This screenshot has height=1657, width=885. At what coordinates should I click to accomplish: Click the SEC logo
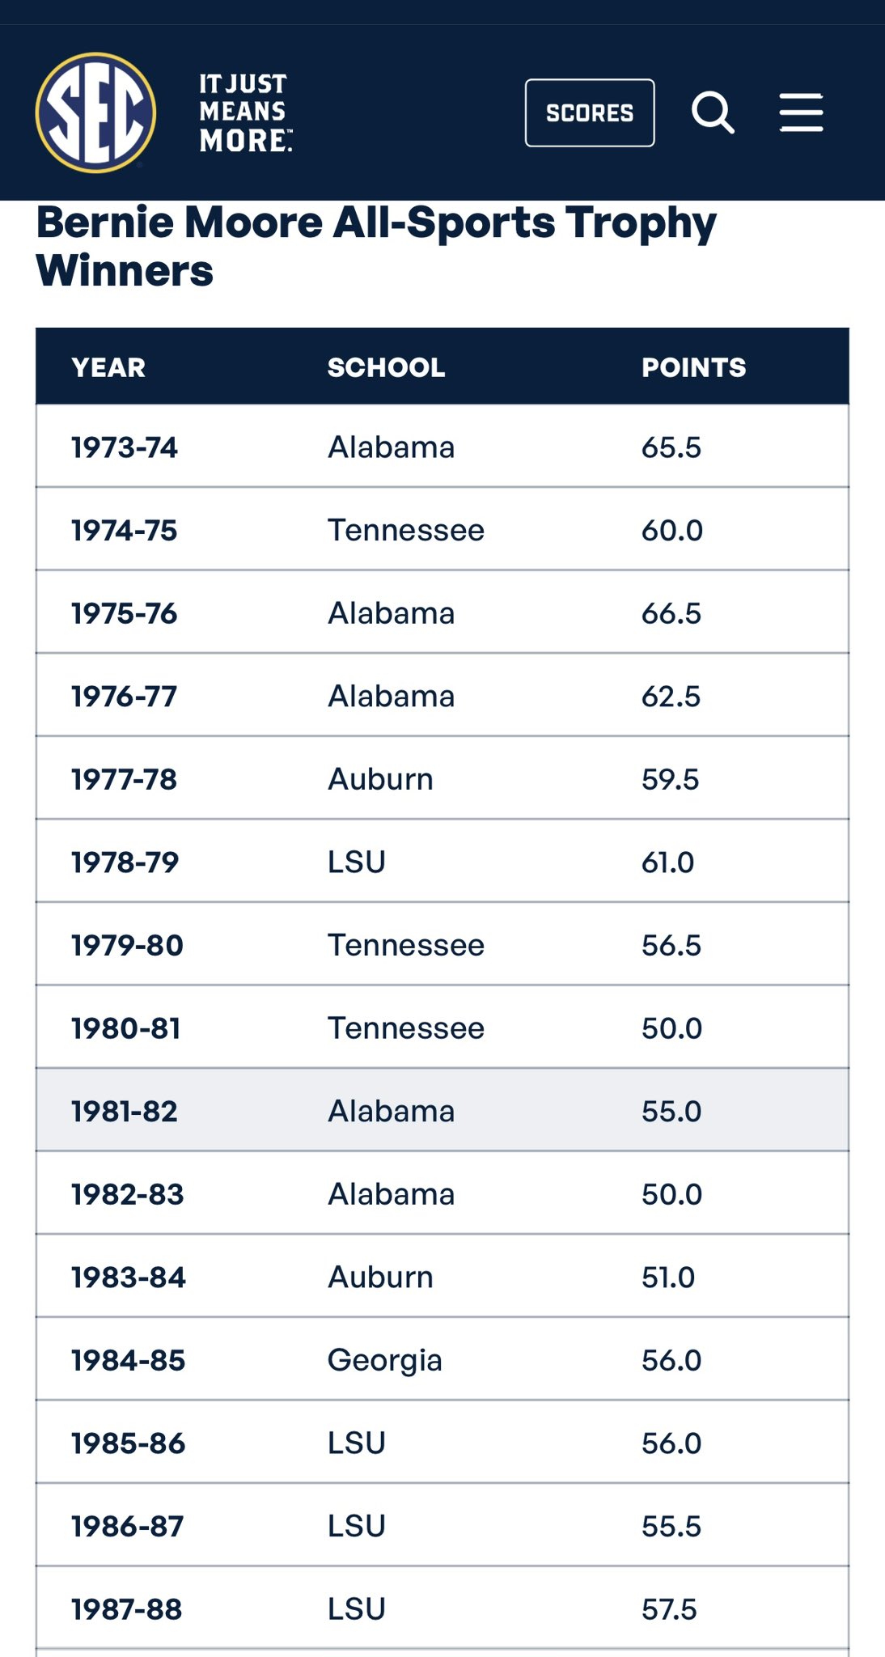(x=95, y=112)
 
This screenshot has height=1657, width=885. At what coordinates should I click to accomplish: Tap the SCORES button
(x=590, y=112)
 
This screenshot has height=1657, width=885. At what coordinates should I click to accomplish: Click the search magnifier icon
(x=713, y=112)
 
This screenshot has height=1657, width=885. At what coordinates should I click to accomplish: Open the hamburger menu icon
(x=801, y=112)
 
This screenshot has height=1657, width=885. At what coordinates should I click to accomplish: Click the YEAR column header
(x=108, y=367)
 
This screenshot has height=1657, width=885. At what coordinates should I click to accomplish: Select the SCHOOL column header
(x=386, y=367)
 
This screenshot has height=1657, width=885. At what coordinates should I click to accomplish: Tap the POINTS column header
(x=693, y=367)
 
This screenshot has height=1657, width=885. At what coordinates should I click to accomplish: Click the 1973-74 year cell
(x=125, y=447)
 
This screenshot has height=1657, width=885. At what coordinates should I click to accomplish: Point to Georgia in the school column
(x=385, y=1360)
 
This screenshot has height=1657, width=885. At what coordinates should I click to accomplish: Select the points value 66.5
(x=671, y=613)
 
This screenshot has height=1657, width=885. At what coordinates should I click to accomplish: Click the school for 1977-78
(x=380, y=779)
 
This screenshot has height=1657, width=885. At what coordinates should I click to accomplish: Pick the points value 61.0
(x=668, y=862)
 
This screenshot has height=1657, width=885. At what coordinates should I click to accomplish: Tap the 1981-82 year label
(x=125, y=1111)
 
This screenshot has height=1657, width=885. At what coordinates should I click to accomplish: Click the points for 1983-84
(x=668, y=1278)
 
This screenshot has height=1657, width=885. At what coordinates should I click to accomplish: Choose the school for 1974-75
(x=406, y=531)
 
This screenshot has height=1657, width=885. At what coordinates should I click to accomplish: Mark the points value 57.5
(x=669, y=1609)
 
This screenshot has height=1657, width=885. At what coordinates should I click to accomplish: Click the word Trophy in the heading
(x=641, y=222)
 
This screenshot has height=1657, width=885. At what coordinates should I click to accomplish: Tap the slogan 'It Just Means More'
(x=244, y=112)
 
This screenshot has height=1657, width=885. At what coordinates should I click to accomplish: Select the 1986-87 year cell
(x=128, y=1527)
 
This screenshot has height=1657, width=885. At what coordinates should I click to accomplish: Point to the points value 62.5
(x=671, y=697)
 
